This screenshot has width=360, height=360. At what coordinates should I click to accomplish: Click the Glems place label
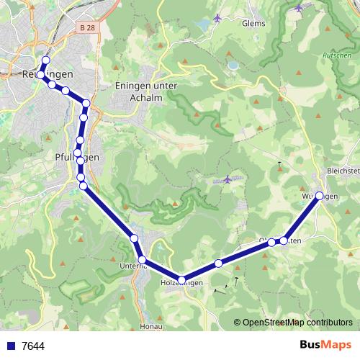point(253,23)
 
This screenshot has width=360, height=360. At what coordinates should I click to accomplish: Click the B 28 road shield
point(86,27)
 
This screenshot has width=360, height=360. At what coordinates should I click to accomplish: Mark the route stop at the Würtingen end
point(319,196)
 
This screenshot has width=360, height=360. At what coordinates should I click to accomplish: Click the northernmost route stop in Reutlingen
point(46,60)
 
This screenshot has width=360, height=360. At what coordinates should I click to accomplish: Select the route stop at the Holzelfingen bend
point(181,280)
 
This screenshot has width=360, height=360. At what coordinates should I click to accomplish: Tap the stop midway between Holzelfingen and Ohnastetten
point(218,264)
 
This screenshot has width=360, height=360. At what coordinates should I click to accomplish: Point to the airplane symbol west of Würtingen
point(228,179)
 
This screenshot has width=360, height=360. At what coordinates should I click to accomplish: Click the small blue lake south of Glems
point(233,65)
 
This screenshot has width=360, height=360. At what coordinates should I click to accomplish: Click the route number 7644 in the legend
point(33,346)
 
